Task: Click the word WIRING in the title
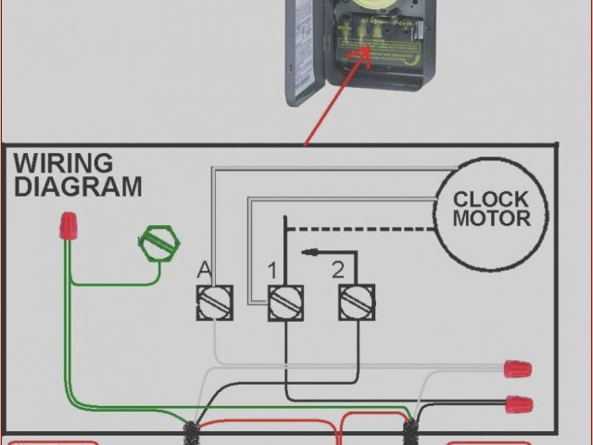[x=63, y=165]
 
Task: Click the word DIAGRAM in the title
[x=78, y=187]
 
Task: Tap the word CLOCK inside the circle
[x=491, y=199]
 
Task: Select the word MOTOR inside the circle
[x=491, y=220]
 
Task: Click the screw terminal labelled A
[x=214, y=302]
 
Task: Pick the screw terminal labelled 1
[x=285, y=302]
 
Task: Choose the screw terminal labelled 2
[x=355, y=302]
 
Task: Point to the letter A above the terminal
[x=204, y=271]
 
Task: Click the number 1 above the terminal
[x=272, y=271]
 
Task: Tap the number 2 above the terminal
[x=338, y=271]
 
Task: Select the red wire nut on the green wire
[x=68, y=225]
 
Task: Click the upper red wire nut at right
[x=517, y=369]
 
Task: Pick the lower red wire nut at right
[x=519, y=404]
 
